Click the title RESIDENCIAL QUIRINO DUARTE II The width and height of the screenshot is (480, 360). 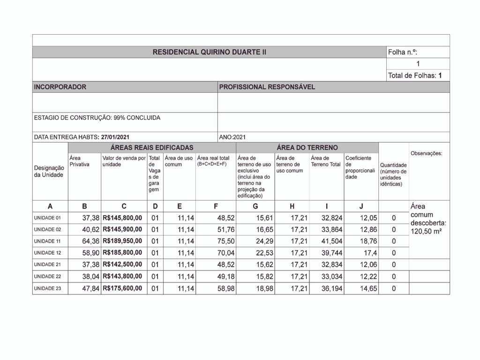209,52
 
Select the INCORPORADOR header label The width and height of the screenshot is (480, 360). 60,87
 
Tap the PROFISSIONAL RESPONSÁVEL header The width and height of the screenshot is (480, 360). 267,87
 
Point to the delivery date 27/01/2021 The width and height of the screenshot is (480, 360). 115,137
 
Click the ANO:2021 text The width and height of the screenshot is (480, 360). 232,137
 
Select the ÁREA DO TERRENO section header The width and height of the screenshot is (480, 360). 307,148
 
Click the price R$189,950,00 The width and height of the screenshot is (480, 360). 122,241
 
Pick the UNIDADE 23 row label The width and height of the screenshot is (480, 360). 47,289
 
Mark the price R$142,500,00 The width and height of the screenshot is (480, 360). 122,265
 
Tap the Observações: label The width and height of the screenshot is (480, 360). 426,154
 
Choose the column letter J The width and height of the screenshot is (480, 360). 361,206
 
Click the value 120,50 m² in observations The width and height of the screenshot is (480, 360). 426,232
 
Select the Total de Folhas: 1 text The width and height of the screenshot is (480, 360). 415,75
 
